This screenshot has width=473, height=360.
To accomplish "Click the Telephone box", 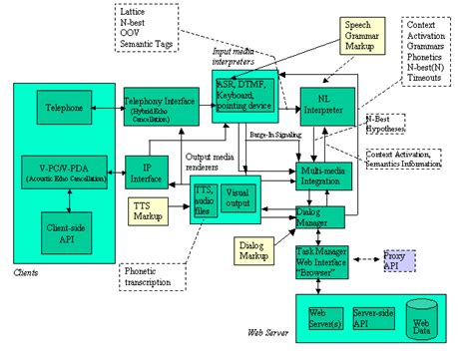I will point(66,106).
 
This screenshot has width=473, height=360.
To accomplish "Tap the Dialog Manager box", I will point(317,217).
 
